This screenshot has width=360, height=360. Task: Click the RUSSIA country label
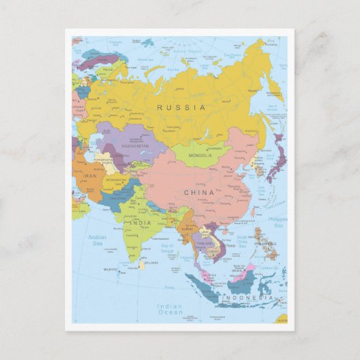pyautogui.click(x=181, y=107)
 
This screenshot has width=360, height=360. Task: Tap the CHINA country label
pyautogui.click(x=199, y=192)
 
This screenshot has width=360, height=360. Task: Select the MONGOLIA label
pyautogui.click(x=200, y=156)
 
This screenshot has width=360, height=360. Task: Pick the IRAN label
pyautogui.click(x=90, y=175)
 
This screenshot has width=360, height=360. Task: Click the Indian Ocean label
pyautogui.click(x=170, y=309)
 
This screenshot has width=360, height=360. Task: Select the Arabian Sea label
pyautogui.click(x=98, y=240)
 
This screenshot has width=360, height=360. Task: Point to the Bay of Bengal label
pyautogui.click(x=168, y=250)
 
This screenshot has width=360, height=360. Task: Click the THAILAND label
pyautogui.click(x=204, y=242)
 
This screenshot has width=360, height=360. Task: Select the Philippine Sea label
pyautogui.click(x=277, y=222)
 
